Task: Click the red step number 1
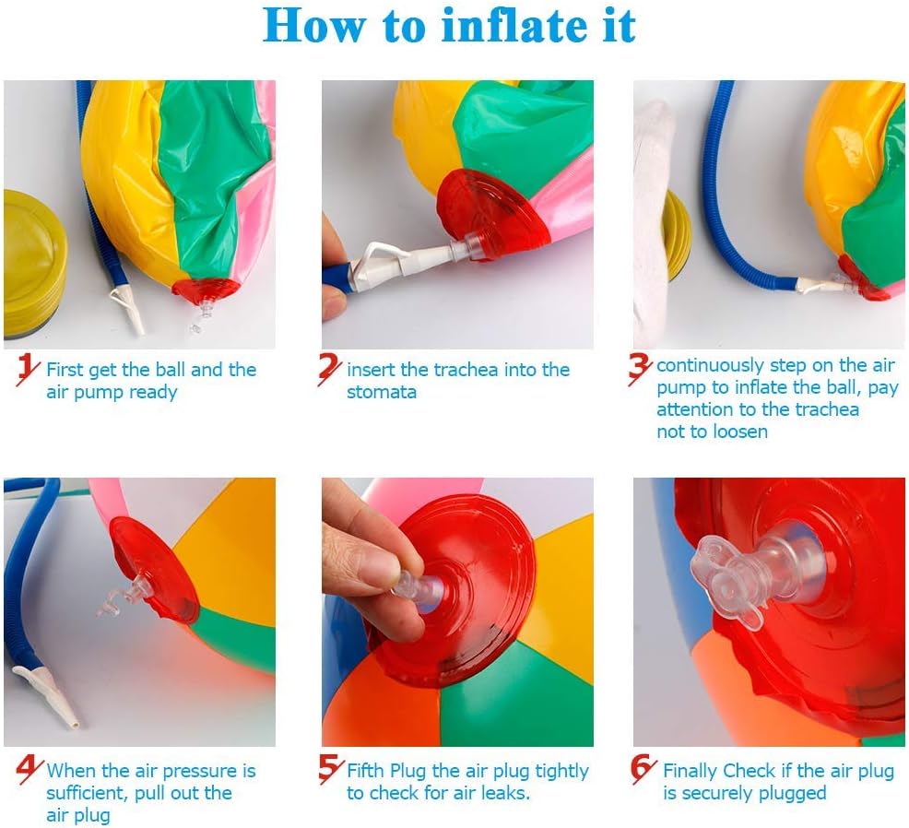coord(28,370)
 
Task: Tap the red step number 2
coord(329,370)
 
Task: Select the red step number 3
coord(640,370)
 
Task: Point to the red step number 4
coord(29,770)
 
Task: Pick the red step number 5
coord(331,769)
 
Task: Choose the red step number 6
coord(643,769)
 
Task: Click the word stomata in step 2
coord(382,393)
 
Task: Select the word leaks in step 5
coord(504,793)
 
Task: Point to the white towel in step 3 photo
coord(654,223)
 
